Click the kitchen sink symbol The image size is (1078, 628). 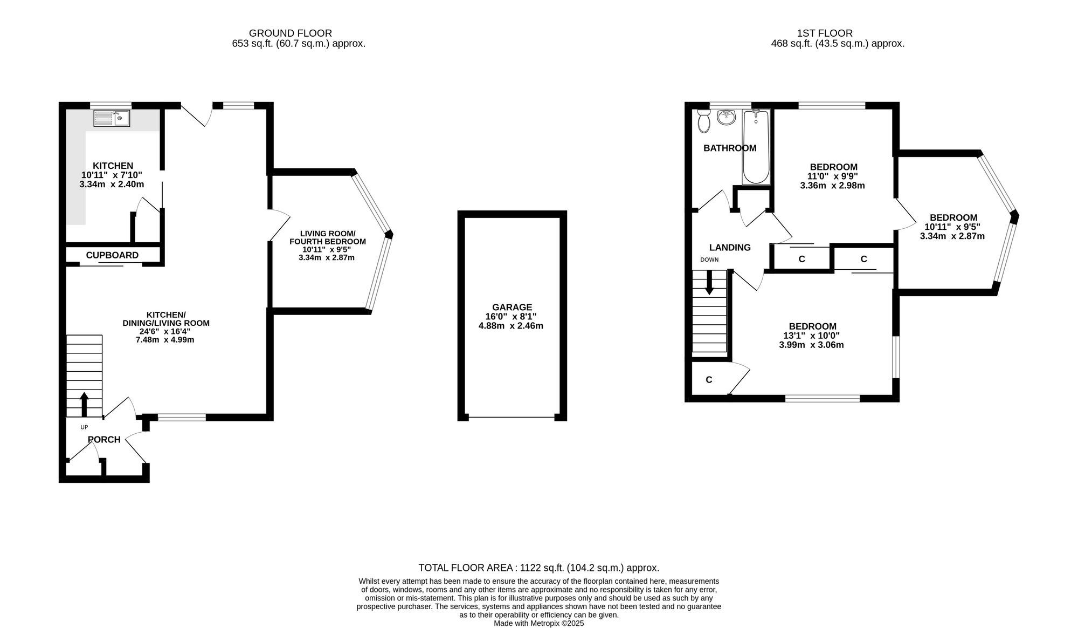point(112,118)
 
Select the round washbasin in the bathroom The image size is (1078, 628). point(727,117)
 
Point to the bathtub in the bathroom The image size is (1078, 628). point(756,147)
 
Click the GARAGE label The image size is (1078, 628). point(512,307)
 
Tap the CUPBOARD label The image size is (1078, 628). point(112,255)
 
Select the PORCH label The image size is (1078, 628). point(104,440)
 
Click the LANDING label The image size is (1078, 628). point(730,248)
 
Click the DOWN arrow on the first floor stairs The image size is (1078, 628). point(709,282)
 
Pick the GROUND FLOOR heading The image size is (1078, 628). point(290,33)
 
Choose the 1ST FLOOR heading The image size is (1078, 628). point(825,33)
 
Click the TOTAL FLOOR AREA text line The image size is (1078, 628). point(539,568)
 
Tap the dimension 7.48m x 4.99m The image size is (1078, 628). point(165,340)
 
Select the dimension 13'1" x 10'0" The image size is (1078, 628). point(811,336)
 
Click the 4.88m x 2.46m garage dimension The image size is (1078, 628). point(511,326)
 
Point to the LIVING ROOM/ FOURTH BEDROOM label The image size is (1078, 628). point(327,237)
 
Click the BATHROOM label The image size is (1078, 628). point(730,148)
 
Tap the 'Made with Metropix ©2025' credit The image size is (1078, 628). point(539,623)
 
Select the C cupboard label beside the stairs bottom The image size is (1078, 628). point(709,380)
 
